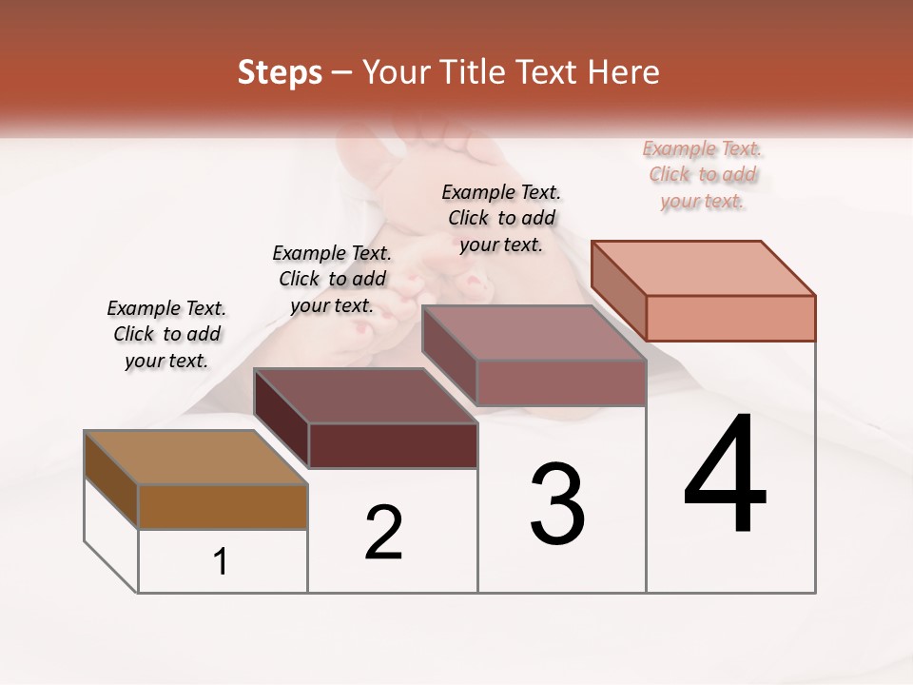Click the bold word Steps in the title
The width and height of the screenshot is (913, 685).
tap(280, 72)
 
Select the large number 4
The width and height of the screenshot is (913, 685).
tap(725, 476)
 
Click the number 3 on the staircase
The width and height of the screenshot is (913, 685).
tap(557, 504)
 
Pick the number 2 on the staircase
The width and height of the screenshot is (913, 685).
tap(384, 533)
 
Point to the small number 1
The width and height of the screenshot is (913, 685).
tap(221, 562)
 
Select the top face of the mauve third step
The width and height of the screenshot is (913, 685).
tap(533, 333)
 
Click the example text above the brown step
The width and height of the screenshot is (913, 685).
tap(166, 335)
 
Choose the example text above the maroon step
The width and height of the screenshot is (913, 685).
tap(332, 280)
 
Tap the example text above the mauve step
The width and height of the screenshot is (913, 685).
tap(501, 218)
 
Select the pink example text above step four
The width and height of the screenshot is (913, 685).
tap(703, 175)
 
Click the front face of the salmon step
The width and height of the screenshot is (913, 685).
tap(730, 318)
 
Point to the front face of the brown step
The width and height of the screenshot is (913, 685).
tap(223, 506)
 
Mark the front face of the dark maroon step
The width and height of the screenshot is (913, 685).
tap(393, 445)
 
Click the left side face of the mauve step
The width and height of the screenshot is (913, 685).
tap(449, 357)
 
